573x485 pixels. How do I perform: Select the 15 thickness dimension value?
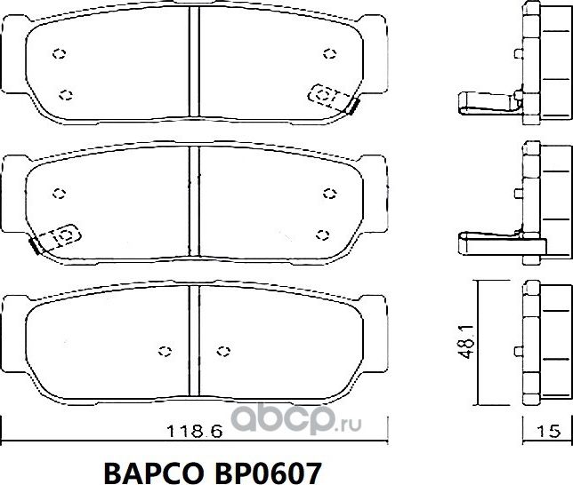pos(549,432)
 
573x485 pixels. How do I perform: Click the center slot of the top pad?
pos(194,62)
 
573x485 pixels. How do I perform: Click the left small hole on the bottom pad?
pos(163,349)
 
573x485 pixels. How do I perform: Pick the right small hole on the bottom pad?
pos(224,349)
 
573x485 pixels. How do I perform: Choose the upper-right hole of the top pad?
pos(330,53)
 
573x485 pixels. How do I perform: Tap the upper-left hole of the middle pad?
pos(60,193)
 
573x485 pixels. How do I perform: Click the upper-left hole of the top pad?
pos(60,53)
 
